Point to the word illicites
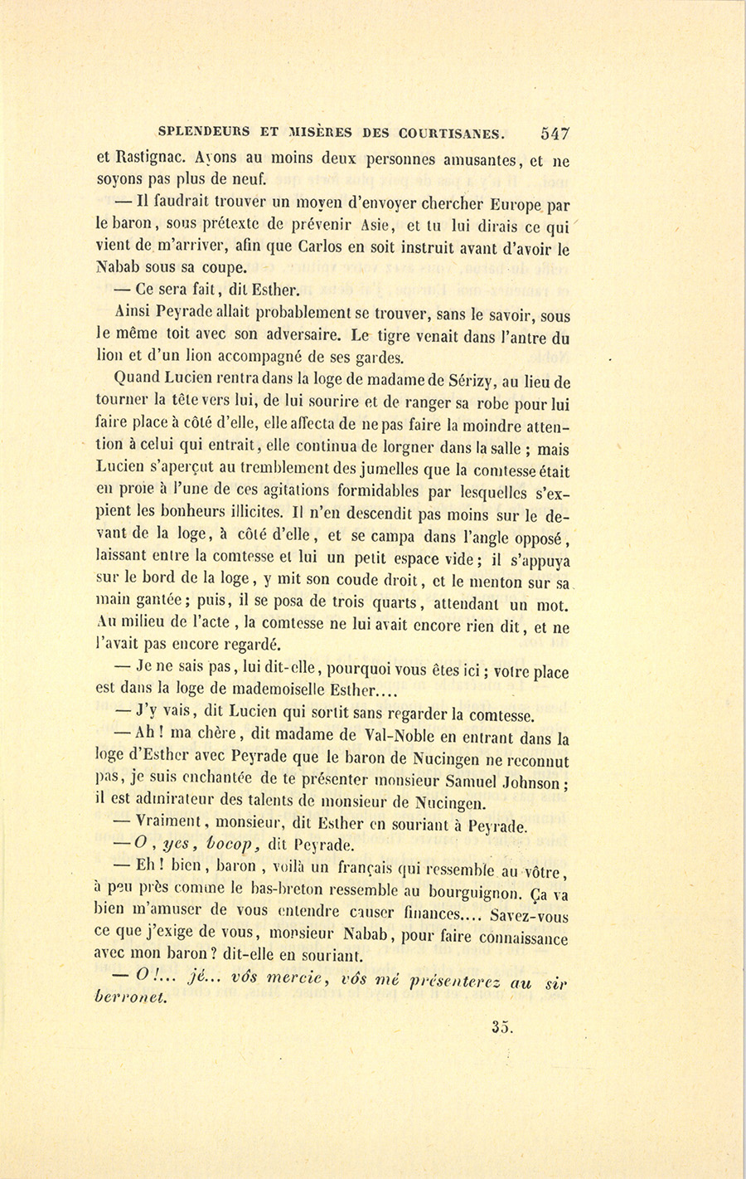click(256, 513)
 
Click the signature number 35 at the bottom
click(501, 1027)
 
